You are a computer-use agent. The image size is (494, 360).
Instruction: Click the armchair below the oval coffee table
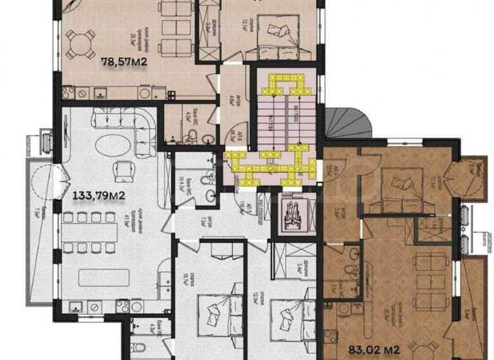pyautogui.click(x=122, y=171)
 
